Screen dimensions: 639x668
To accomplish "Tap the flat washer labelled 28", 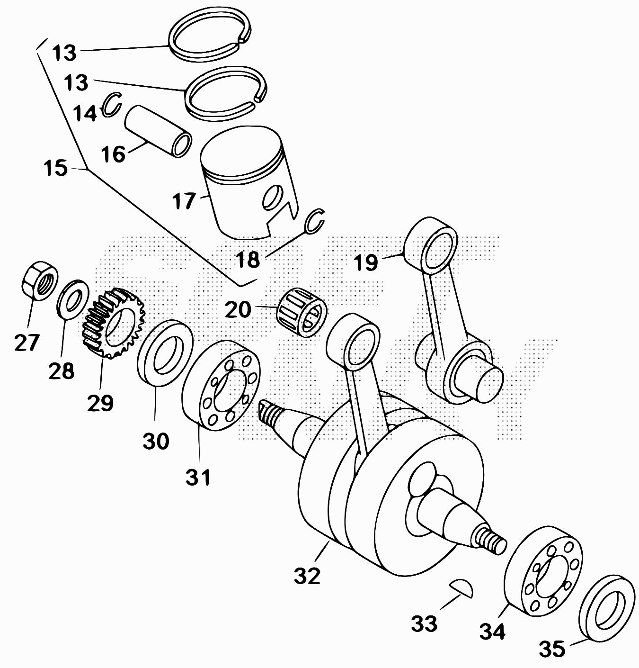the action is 73,299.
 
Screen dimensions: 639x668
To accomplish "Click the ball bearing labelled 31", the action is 221,386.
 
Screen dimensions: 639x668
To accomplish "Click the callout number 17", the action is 184,201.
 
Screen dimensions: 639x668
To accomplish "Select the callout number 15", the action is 55,168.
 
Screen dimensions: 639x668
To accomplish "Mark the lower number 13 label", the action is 76,83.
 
